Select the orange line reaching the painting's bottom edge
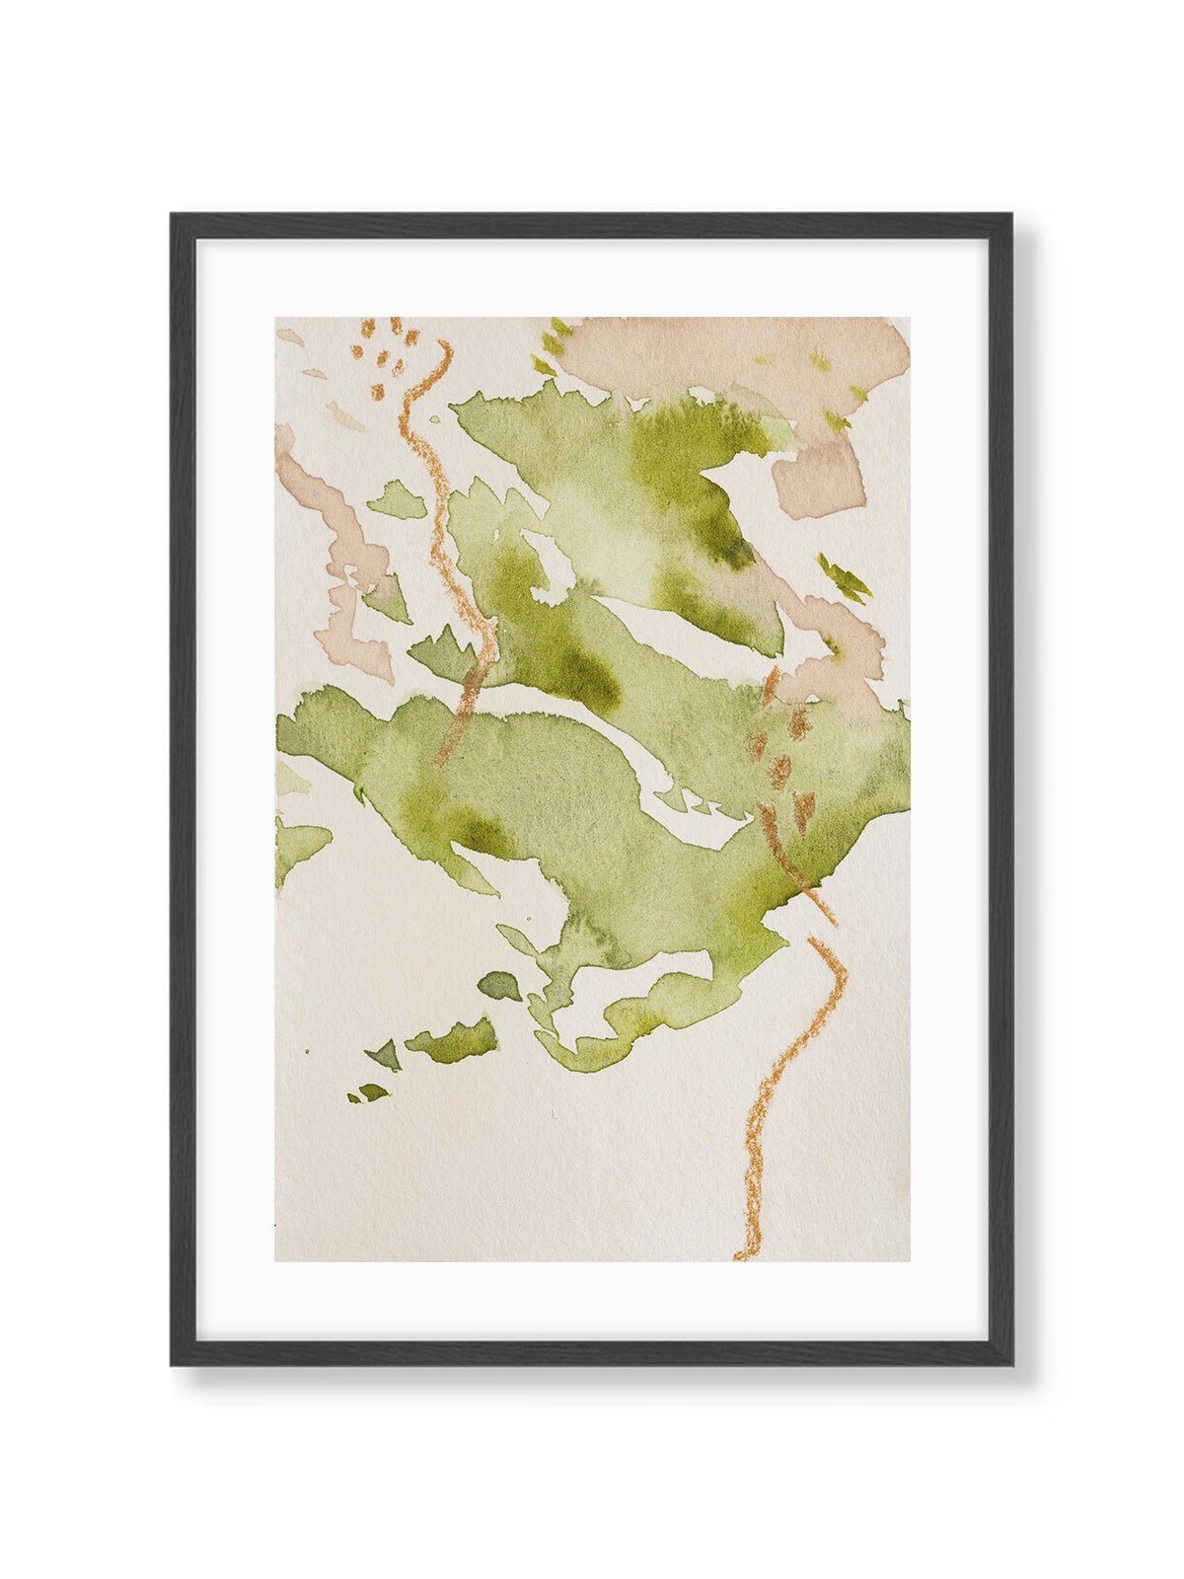[779, 1086]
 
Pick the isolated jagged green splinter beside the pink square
[844, 576]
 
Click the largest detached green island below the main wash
[454, 1036]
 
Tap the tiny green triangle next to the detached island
[386, 1054]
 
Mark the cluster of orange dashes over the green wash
[784, 740]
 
